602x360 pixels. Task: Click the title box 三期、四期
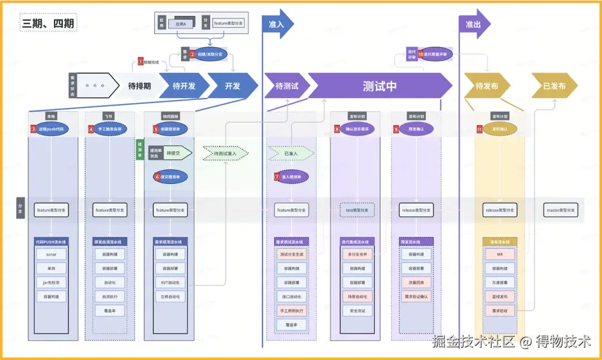(48, 23)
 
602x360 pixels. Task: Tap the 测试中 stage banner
(379, 86)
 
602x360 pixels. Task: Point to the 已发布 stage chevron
(554, 86)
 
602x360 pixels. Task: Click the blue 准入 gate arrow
(278, 25)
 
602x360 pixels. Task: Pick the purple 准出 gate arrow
(474, 25)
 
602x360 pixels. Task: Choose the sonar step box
(51, 254)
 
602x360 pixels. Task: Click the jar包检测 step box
(51, 282)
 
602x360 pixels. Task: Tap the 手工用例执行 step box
(292, 310)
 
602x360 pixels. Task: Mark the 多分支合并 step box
(357, 254)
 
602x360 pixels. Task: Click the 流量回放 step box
(416, 282)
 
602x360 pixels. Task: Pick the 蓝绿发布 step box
(499, 296)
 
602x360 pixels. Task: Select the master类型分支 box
(560, 210)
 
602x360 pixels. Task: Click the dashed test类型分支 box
(357, 210)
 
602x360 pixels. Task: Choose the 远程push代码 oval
(51, 129)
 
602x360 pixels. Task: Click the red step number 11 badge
(479, 129)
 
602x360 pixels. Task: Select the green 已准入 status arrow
(290, 153)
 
